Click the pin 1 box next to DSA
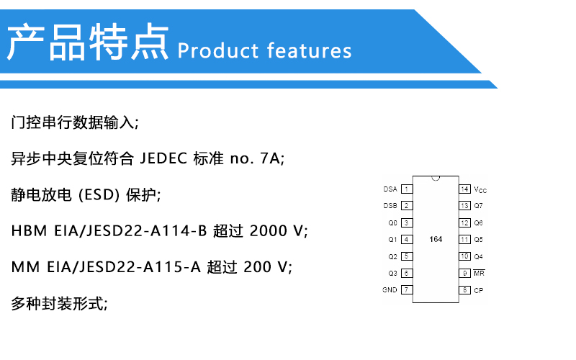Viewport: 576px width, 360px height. coord(407,189)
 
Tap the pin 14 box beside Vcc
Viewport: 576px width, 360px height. coord(464,189)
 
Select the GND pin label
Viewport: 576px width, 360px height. coord(390,290)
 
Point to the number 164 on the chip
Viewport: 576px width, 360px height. coord(436,239)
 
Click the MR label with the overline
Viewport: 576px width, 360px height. coord(479,273)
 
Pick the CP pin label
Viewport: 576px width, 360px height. coord(479,291)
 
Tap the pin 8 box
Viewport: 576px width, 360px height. coord(464,290)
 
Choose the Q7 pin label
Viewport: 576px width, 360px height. coord(478,206)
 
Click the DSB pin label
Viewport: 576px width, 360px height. coord(390,206)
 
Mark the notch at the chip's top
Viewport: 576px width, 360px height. coord(436,179)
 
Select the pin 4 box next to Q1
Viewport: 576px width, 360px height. coord(407,240)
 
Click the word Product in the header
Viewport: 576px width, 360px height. coord(218,50)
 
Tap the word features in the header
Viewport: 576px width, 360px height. coord(310,50)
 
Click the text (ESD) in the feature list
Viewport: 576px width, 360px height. coord(99,194)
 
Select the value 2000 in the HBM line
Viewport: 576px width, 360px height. coord(269,230)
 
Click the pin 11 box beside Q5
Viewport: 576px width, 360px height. coord(464,240)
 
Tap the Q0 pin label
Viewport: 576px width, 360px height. coord(392,223)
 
